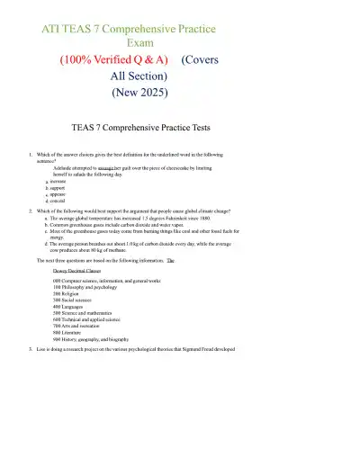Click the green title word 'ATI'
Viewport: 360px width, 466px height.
pyautogui.click(x=56, y=29)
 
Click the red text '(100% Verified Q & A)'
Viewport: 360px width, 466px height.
pyautogui.click(x=114, y=60)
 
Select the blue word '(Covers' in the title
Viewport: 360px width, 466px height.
pyautogui.click(x=200, y=60)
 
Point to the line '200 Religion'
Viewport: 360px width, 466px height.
pyautogui.click(x=68, y=293)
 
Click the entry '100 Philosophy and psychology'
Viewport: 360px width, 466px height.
pyautogui.click(x=85, y=287)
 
